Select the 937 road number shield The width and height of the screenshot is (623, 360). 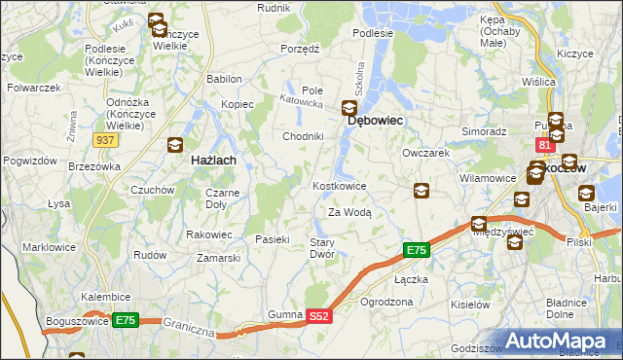pos(107,140)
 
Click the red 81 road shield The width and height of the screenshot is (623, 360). pos(545,145)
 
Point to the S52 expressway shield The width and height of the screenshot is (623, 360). pos(321,316)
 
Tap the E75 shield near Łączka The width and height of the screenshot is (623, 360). pos(416,251)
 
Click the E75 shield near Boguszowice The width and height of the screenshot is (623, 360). pos(126,319)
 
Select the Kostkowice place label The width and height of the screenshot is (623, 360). pos(339,185)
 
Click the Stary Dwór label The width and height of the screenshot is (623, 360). pos(322,247)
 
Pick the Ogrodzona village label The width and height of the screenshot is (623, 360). pos(386,302)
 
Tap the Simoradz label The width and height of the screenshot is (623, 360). pos(484,130)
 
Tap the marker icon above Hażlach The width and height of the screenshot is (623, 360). pos(175,146)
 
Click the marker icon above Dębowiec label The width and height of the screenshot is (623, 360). pos(349,108)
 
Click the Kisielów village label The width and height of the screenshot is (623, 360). pos(471,304)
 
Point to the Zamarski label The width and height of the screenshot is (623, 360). pos(219,258)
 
